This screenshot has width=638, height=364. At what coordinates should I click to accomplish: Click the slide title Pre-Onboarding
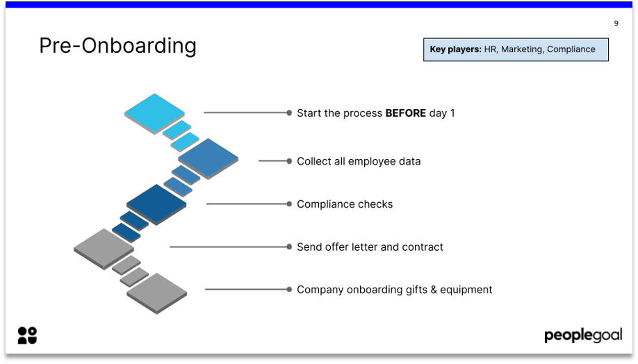click(x=117, y=46)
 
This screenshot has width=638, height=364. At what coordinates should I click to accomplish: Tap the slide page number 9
click(x=616, y=24)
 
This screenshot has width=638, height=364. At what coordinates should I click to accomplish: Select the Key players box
click(x=516, y=49)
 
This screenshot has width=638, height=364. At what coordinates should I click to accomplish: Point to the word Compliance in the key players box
click(x=571, y=49)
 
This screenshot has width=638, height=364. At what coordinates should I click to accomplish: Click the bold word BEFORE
click(x=405, y=113)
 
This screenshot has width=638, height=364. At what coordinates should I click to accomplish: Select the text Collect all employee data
click(x=359, y=161)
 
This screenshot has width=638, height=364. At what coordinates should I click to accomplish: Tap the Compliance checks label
click(x=345, y=204)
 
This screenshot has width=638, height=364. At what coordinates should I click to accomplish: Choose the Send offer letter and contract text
click(x=370, y=247)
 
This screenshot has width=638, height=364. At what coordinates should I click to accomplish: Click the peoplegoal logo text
click(x=582, y=336)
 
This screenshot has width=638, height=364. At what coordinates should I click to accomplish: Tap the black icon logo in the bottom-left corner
click(x=27, y=336)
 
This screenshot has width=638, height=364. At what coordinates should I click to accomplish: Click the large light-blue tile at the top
click(x=154, y=111)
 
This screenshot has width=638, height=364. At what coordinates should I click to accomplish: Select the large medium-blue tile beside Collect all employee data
click(x=208, y=157)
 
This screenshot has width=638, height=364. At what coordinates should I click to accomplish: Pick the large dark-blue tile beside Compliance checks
click(x=156, y=202)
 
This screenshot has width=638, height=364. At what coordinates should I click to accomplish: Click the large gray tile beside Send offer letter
click(x=104, y=247)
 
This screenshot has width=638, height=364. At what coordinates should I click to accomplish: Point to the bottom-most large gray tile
click(x=157, y=291)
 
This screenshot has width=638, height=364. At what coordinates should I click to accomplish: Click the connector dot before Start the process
click(x=289, y=113)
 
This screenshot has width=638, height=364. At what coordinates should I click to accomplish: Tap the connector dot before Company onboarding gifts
click(x=289, y=290)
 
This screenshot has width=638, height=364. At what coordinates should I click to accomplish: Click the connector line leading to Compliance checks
click(x=246, y=204)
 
